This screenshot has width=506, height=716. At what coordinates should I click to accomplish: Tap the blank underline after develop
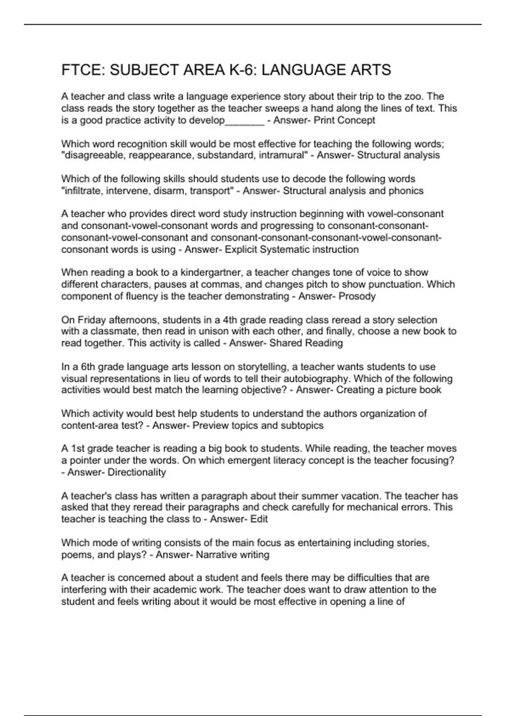pyautogui.click(x=245, y=121)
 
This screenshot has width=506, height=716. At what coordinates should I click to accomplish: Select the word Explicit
pyautogui.click(x=241, y=249)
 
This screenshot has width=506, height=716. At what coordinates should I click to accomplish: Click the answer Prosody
pyautogui.click(x=357, y=296)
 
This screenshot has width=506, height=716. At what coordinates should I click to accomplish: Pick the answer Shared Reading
pyautogui.click(x=306, y=343)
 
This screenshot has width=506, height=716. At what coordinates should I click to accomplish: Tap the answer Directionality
pyautogui.click(x=137, y=472)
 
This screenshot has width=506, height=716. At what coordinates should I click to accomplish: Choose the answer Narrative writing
pyautogui.click(x=232, y=555)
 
